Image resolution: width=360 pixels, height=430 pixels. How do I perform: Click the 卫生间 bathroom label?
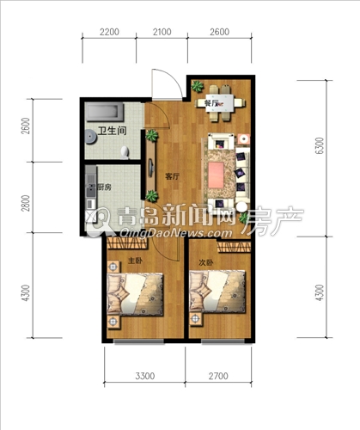coord(112,131)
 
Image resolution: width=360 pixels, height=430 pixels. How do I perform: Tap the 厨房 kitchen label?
coord(104,187)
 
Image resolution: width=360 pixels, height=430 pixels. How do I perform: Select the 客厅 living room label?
coord(173,176)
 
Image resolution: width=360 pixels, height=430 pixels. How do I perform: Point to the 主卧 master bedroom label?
coord(135,261)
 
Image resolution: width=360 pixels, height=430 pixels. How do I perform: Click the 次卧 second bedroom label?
coord(206,262)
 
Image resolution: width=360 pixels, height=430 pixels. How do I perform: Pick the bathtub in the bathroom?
coord(106,113)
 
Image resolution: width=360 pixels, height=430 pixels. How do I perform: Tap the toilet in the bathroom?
coord(125,152)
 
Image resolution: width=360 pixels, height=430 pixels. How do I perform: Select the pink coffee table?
coord(216,175)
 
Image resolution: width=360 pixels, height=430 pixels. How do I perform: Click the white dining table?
coord(220,102)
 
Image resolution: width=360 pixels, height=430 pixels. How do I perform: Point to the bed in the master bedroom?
coord(135,294)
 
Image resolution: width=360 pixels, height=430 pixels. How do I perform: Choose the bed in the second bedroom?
coord(217,292)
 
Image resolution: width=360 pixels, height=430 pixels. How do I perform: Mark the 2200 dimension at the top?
coord(109,32)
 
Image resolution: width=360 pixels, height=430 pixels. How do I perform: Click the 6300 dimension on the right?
coord(319,145)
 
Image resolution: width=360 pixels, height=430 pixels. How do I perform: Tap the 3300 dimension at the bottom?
coord(145,376)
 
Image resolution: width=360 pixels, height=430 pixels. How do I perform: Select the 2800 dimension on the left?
coord(26,203)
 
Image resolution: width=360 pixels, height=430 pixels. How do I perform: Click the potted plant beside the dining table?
coord(198,86)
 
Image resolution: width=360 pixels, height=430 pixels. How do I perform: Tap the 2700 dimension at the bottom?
coord(218,376)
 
